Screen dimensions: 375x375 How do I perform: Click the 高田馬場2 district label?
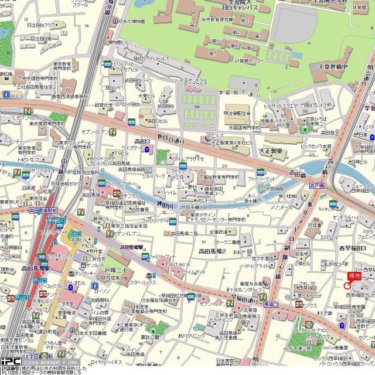pyautogui.click(x=199, y=251)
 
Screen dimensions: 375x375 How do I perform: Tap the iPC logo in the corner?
pyautogui.click(x=10, y=362)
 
